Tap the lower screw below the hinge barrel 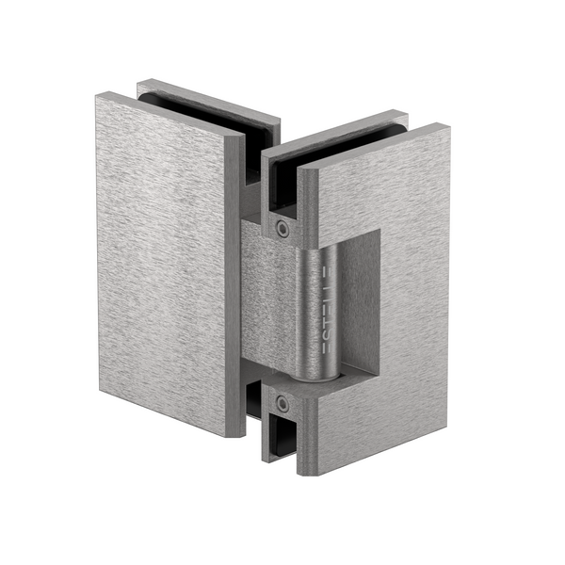[x=282, y=403]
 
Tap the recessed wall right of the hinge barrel [x=363, y=301]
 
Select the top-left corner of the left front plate [x=98, y=93]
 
